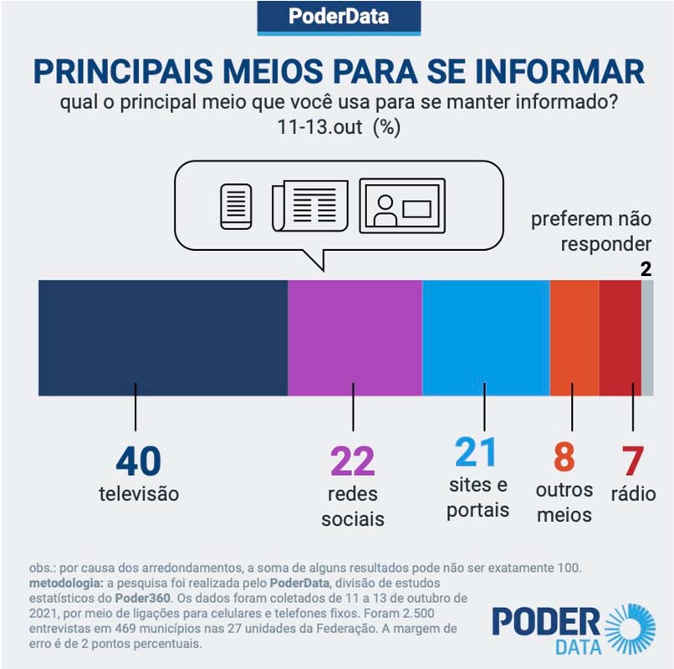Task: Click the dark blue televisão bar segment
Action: [x=163, y=338]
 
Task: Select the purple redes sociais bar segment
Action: [x=355, y=338]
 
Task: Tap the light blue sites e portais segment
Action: [x=486, y=338]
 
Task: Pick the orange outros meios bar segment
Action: [x=574, y=338]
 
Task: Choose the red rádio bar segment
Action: [x=620, y=338]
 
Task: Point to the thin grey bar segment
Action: [x=647, y=338]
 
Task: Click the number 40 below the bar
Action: [x=138, y=461]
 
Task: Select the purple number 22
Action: [x=353, y=461]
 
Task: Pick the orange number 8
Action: [x=564, y=458]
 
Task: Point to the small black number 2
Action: [x=646, y=269]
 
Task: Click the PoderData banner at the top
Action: [x=338, y=18]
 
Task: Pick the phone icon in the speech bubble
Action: [x=236, y=206]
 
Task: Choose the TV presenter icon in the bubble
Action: [x=402, y=205]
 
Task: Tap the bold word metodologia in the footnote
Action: [x=64, y=581]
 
